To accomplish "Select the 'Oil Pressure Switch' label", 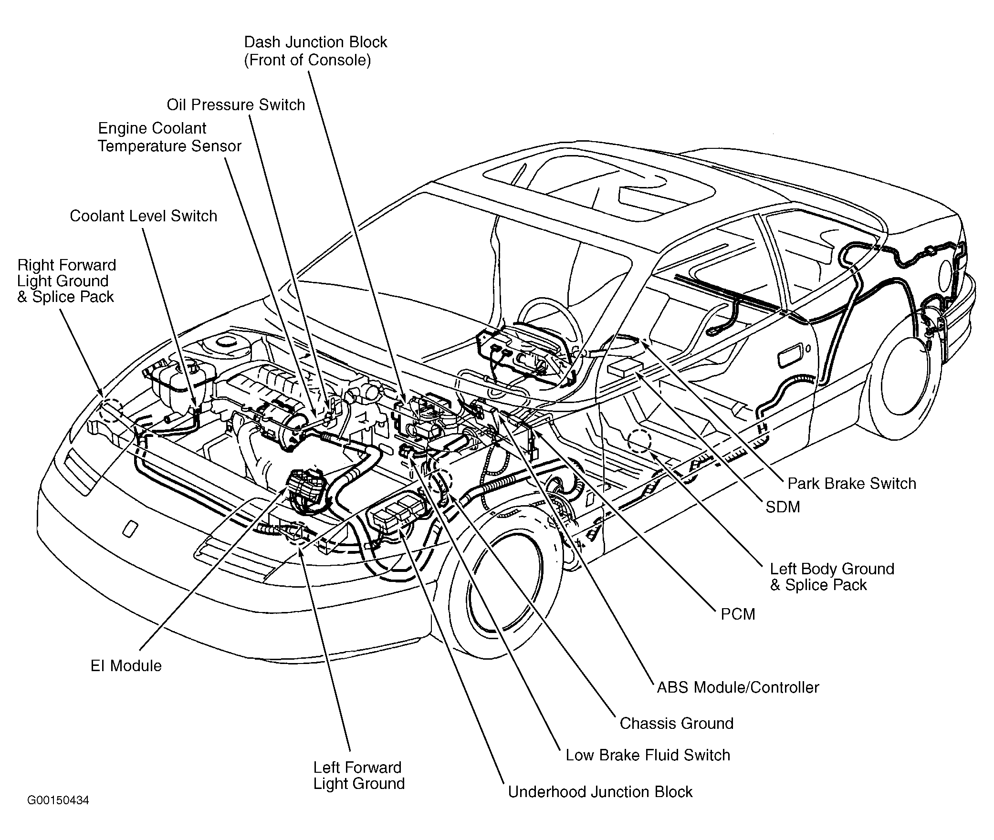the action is [236, 105].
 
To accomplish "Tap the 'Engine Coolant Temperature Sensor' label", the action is [169, 137].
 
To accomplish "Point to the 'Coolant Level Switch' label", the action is [143, 216].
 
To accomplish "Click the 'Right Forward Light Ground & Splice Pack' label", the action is [66, 281].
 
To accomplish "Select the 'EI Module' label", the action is [126, 666].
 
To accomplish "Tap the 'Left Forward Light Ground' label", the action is [359, 776].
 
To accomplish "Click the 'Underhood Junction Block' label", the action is [600, 792].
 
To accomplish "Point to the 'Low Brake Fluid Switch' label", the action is [648, 755].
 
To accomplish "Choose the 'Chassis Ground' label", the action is [676, 723].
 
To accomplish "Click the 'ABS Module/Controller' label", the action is [738, 687].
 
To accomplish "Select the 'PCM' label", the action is [738, 614].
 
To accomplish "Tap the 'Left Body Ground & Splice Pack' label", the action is [832, 577].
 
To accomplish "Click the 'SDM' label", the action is [783, 507].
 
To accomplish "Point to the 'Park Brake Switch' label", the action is [851, 483].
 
